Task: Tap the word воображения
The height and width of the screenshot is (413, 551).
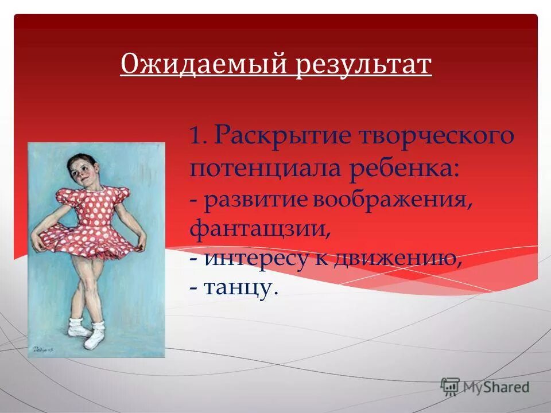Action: (x=388, y=201)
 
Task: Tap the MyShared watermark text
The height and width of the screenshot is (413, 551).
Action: (x=497, y=387)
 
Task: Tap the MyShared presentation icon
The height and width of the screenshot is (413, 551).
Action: (x=451, y=387)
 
